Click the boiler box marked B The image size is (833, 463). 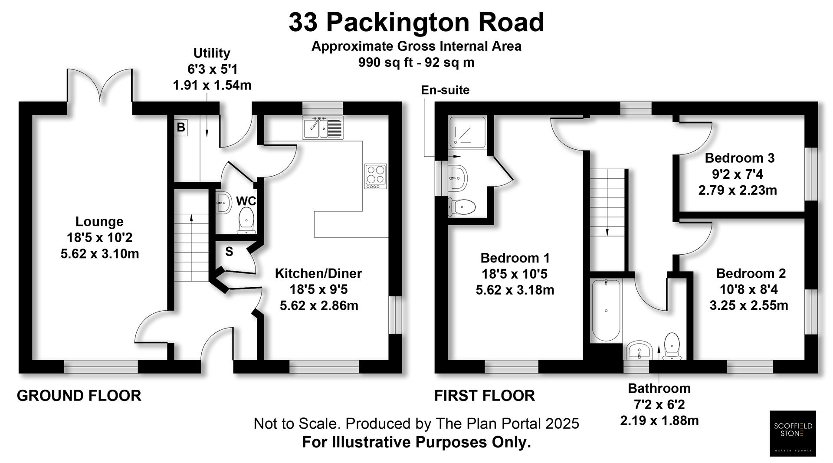pos(181,128)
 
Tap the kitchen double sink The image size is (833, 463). pos(322,128)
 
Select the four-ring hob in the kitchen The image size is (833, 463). pos(375,176)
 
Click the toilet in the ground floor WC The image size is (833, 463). pos(246,220)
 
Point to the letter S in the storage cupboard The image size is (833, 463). pos(229,252)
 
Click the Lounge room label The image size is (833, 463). pos(99,222)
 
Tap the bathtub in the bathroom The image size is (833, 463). pos(606,310)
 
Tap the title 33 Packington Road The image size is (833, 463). pos(416,23)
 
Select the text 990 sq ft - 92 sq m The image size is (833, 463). pos(416,62)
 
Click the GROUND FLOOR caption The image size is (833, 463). pos(79,396)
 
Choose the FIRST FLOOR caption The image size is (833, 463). pos(485,396)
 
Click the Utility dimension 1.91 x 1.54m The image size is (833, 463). pos(212,85)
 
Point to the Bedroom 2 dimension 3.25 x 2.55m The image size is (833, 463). pos(748,305)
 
